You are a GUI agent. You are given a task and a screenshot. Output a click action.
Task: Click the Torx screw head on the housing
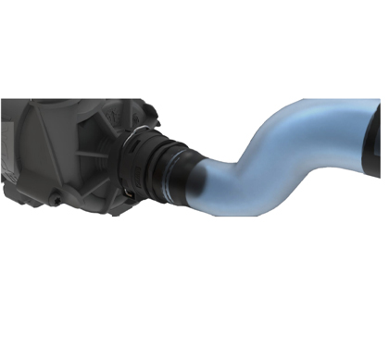(x=57, y=196)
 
